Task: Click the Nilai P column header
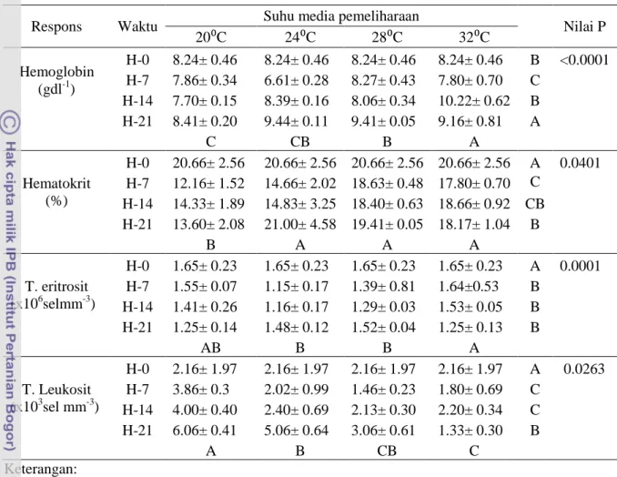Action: tap(584, 26)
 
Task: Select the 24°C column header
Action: tap(300, 37)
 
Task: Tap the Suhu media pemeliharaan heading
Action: tap(341, 16)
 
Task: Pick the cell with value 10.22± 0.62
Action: tap(474, 101)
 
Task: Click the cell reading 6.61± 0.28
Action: tap(297, 80)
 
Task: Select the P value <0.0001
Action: tap(584, 60)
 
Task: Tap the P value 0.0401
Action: tap(580, 163)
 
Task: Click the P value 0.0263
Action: tap(584, 369)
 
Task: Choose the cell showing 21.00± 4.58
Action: tap(300, 224)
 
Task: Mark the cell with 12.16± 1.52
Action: tap(208, 183)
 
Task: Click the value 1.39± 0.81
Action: tap(383, 287)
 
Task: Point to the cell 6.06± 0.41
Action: tap(205, 431)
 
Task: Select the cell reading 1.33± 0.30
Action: tap(470, 431)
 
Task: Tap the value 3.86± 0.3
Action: tap(201, 390)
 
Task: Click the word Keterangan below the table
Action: tap(41, 469)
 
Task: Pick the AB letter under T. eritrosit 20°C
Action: tap(210, 348)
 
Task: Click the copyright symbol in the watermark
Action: tap(10, 122)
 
